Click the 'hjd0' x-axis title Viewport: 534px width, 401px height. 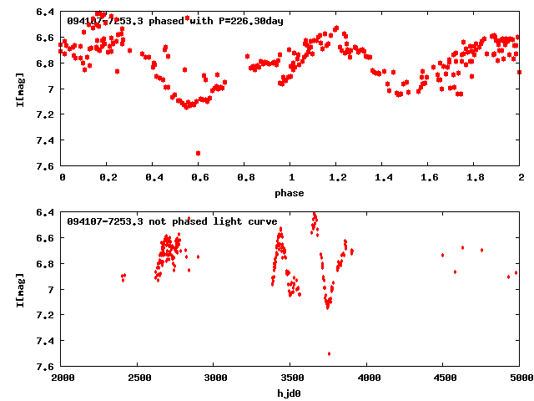click(290, 392)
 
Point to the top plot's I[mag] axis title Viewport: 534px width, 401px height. click(19, 89)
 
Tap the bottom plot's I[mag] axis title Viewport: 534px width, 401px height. click(19, 289)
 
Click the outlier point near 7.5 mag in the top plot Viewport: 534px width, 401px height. click(198, 153)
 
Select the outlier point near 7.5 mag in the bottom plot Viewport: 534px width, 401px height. click(329, 353)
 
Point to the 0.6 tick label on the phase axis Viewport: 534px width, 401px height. click(199, 178)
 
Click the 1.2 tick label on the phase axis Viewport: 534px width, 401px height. click(336, 178)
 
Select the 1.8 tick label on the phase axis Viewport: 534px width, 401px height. click(474, 178)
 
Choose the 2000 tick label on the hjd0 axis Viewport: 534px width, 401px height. click(62, 378)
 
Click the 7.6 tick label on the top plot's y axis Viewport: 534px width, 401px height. click(46, 167)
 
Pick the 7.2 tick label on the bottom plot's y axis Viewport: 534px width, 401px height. click(46, 315)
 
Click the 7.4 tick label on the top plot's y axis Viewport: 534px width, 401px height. click(46, 141)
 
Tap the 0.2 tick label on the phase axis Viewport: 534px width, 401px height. click(107, 178)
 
